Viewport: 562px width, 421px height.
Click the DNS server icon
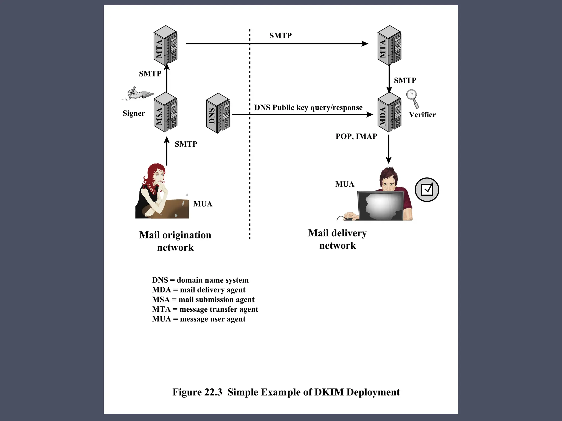[218, 113]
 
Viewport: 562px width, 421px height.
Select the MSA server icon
[165, 113]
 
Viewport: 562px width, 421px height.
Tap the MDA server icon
[389, 113]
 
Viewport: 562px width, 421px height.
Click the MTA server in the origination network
[165, 45]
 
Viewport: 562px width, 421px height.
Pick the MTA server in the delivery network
[389, 45]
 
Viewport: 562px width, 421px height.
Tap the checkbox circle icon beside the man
[427, 190]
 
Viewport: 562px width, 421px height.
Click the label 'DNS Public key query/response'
[308, 107]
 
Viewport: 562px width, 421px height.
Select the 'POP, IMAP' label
[356, 136]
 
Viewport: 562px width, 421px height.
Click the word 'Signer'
[134, 113]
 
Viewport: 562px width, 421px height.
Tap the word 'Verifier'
[422, 115]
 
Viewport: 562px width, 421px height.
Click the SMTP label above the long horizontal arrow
[280, 36]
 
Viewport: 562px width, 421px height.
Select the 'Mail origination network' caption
[175, 241]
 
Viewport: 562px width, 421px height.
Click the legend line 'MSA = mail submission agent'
[203, 299]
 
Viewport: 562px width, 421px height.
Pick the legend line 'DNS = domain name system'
[200, 280]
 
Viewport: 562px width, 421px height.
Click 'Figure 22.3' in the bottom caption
[197, 392]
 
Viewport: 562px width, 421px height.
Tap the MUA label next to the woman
[203, 204]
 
